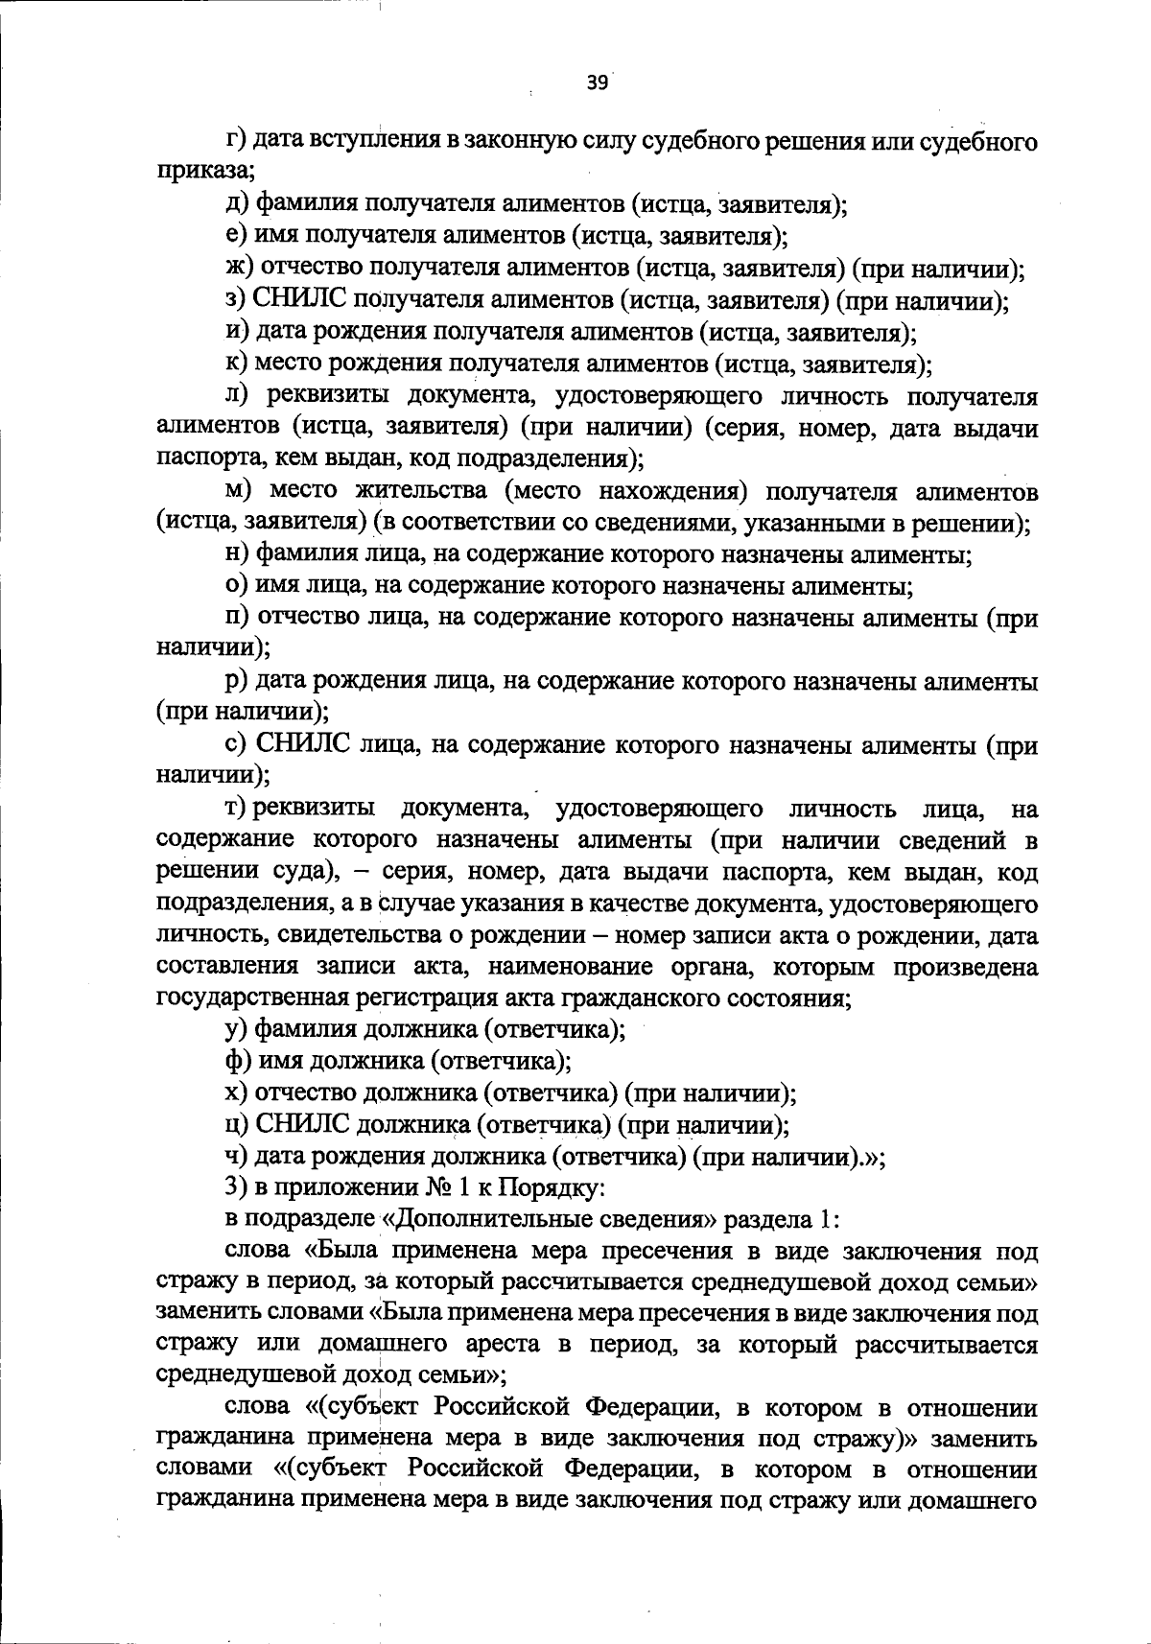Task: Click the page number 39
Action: pyautogui.click(x=597, y=83)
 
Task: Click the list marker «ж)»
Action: pyautogui.click(x=239, y=269)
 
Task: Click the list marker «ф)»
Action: pyautogui.click(x=236, y=1062)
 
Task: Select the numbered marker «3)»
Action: pyautogui.click(x=236, y=1187)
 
